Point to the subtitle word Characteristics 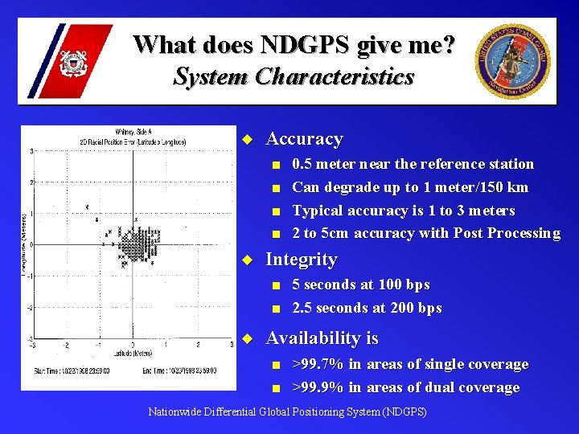point(335,77)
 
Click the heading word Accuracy point(304,139)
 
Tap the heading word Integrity point(301,260)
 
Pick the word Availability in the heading point(312,338)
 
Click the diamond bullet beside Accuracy point(248,140)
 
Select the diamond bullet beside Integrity point(248,260)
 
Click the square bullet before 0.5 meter point(276,165)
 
